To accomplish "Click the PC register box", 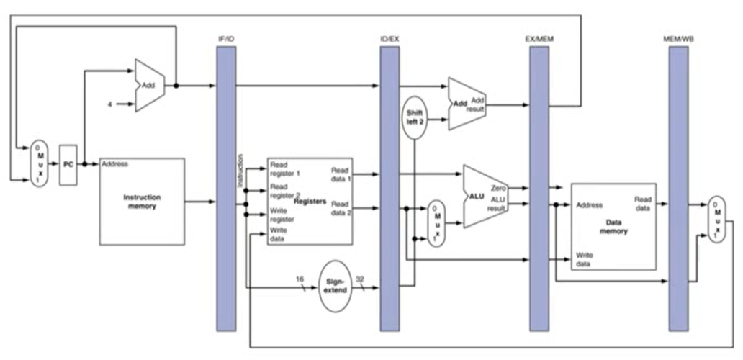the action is click(68, 165).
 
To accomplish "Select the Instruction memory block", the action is click(142, 202).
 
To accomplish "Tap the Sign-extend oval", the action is click(336, 286).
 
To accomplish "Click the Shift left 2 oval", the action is click(414, 117).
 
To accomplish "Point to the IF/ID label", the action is click(225, 39).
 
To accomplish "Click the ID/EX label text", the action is click(390, 39).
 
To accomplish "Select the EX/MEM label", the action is click(539, 39).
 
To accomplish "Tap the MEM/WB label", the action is click(678, 39).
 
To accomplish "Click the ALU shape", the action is click(485, 196).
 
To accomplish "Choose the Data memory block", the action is click(613, 226).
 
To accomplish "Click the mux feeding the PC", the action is click(39, 163).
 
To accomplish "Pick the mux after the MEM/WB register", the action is click(716, 220).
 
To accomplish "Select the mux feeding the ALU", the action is click(436, 224).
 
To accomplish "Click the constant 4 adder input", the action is click(110, 104).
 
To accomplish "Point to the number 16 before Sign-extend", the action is click(299, 279).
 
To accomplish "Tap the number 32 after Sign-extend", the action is click(360, 279).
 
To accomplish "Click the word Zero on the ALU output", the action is click(499, 188).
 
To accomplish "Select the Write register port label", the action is click(282, 215).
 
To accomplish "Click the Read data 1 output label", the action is click(340, 174).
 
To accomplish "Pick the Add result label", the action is click(476, 105).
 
